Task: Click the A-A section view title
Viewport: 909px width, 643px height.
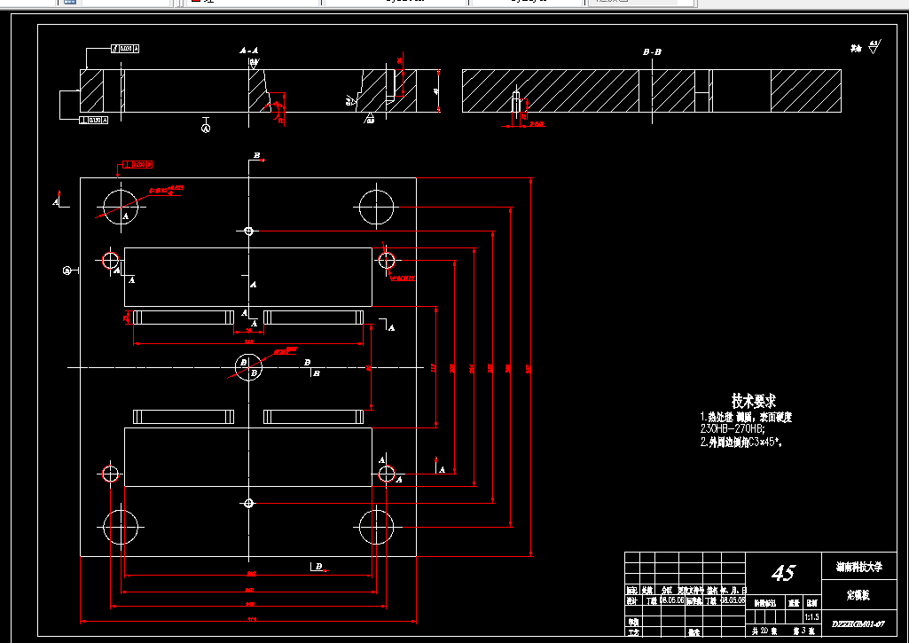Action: (x=248, y=51)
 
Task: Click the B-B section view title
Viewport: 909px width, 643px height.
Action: (x=652, y=52)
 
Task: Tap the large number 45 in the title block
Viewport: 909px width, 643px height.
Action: (x=783, y=573)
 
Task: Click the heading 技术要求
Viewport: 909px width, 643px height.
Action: (x=754, y=402)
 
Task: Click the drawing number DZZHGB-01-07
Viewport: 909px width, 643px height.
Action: (x=858, y=625)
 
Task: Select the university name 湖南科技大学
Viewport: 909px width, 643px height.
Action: (x=858, y=565)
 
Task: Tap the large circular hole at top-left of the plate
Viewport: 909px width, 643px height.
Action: (x=120, y=206)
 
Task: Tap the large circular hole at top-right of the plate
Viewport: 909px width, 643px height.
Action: (x=376, y=206)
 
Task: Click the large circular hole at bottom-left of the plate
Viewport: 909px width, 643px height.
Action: (x=120, y=528)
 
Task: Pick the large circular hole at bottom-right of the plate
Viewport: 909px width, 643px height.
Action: (x=376, y=528)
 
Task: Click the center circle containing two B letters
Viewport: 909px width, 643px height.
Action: (x=247, y=365)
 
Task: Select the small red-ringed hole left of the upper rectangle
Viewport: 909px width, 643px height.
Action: (x=111, y=260)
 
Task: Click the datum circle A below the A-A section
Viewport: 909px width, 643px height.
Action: (x=206, y=128)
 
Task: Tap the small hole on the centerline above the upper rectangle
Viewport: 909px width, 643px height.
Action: (x=249, y=231)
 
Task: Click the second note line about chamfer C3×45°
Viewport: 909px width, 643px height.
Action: (x=745, y=440)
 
